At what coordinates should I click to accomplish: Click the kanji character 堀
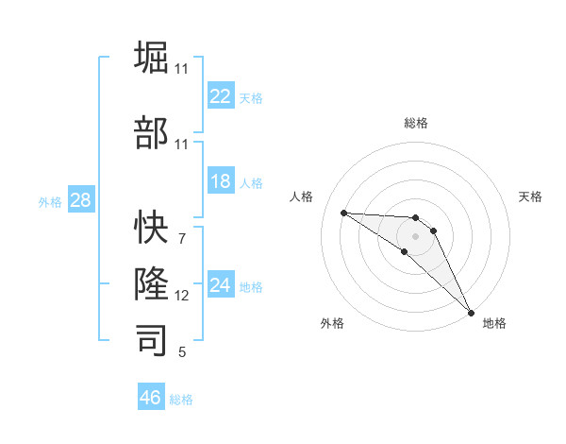click(x=153, y=60)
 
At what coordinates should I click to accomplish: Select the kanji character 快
click(x=153, y=228)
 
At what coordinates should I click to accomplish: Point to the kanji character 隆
click(x=153, y=283)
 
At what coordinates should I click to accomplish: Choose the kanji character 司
click(x=153, y=340)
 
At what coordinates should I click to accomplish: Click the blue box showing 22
click(x=221, y=96)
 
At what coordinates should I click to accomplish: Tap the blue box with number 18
click(x=221, y=182)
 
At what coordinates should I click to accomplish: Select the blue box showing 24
click(x=221, y=285)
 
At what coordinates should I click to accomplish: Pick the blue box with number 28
click(x=80, y=200)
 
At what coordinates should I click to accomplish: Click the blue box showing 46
click(x=151, y=398)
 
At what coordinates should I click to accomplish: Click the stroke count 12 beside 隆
click(x=182, y=296)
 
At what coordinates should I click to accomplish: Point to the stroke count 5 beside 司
click(x=182, y=352)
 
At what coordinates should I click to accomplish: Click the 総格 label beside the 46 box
click(x=181, y=400)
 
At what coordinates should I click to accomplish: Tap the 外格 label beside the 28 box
click(x=50, y=202)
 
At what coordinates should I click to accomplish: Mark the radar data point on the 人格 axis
click(x=343, y=213)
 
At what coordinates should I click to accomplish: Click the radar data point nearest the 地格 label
click(x=470, y=311)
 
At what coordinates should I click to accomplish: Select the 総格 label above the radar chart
click(x=415, y=123)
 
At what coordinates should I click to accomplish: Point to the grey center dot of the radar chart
click(x=415, y=234)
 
